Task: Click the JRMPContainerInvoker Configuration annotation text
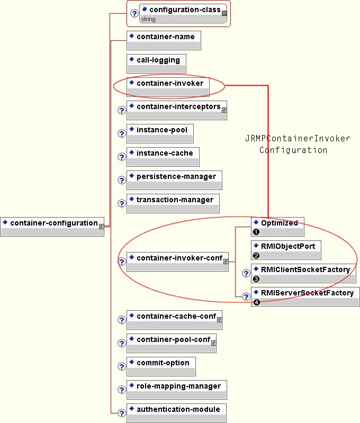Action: [x=298, y=145]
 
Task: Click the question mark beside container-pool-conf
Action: [x=121, y=344]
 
